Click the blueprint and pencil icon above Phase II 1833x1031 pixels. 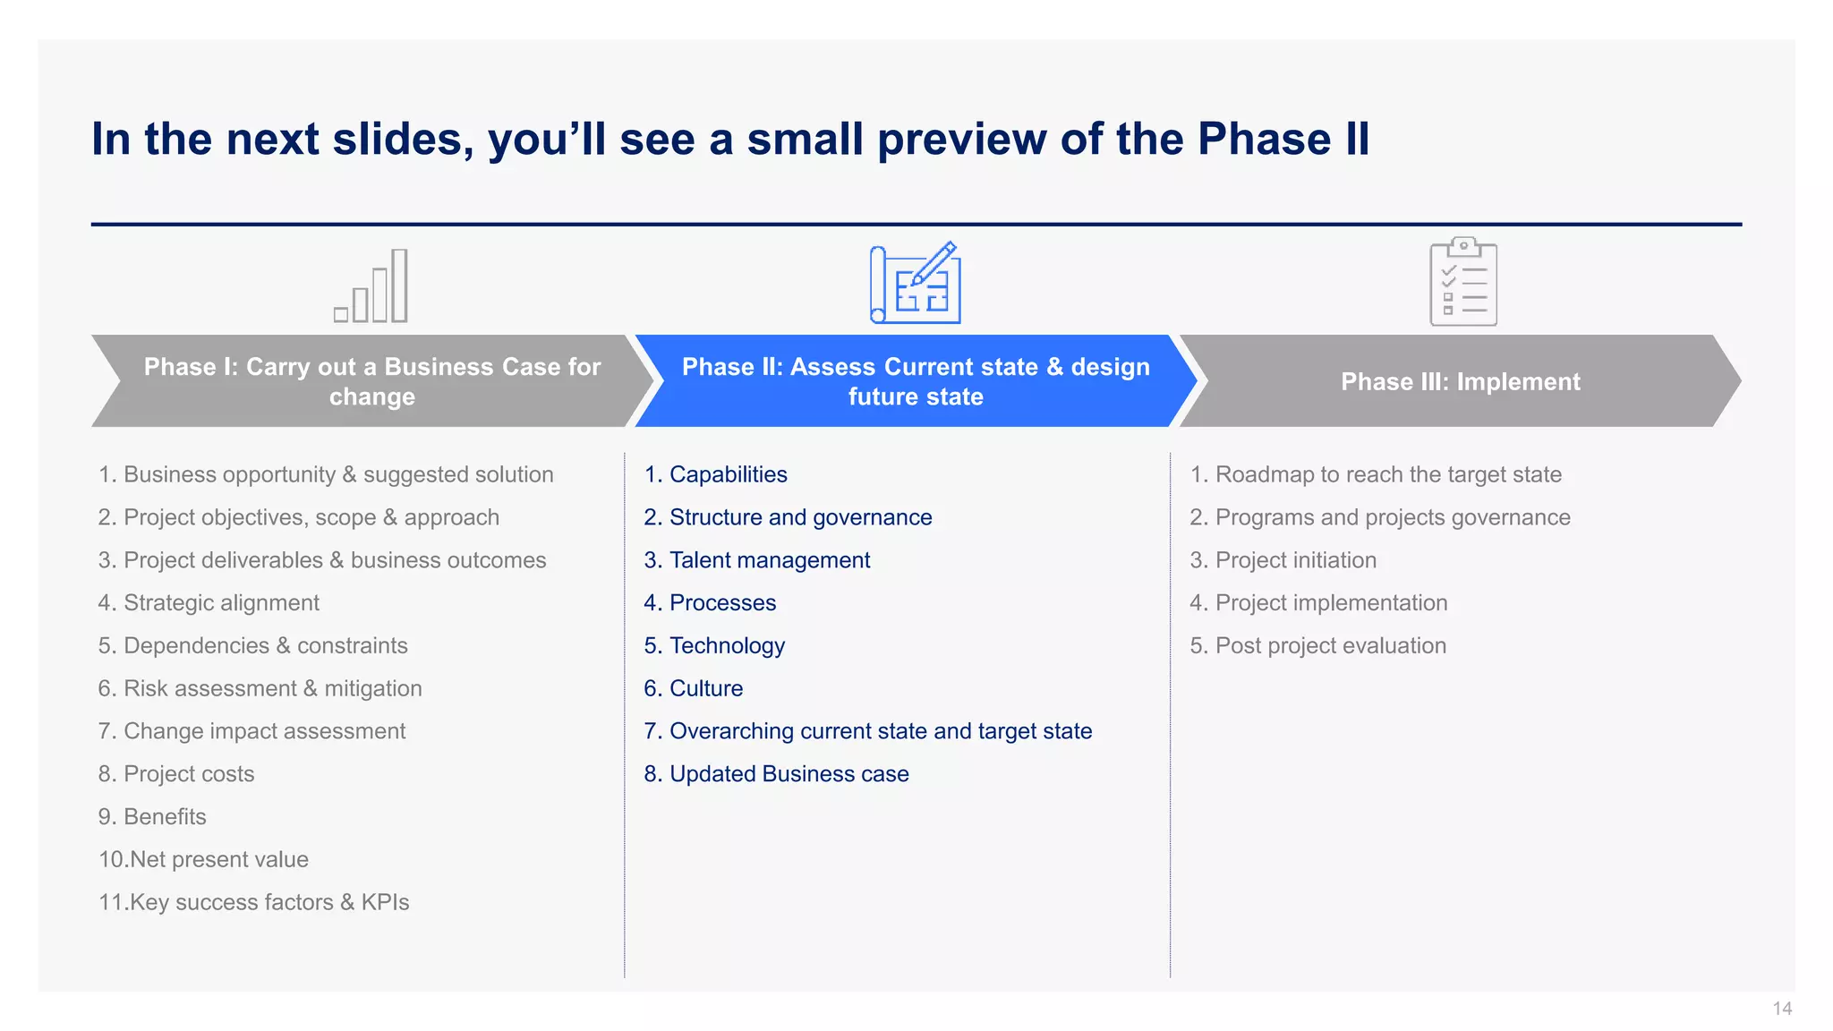point(916,283)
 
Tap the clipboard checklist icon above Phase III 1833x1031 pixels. point(1462,282)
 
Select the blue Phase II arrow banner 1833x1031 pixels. point(915,381)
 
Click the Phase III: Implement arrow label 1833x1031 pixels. point(1460,382)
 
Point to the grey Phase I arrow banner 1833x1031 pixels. point(371,381)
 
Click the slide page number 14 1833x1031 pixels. point(1781,1009)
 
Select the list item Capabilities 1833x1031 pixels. point(728,474)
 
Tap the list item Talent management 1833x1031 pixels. point(769,560)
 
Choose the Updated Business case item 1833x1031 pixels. point(789,774)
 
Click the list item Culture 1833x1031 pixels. point(705,688)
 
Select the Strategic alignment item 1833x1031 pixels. point(220,603)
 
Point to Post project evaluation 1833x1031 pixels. point(1330,646)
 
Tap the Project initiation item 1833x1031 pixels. point(1295,560)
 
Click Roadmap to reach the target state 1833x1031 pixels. point(1387,474)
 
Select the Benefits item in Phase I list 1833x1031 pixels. point(165,817)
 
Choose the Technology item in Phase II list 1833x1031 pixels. point(727,646)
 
